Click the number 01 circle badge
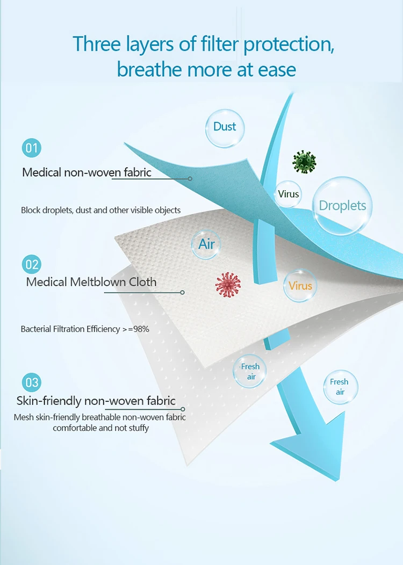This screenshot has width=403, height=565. [32, 148]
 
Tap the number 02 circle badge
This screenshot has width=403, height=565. [32, 264]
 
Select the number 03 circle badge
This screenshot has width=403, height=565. [32, 382]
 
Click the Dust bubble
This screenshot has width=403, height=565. [225, 127]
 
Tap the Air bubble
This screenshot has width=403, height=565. [206, 244]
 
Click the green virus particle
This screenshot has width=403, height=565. [304, 161]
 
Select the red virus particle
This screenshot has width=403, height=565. [228, 285]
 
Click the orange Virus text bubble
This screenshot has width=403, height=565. [300, 286]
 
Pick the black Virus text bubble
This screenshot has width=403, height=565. [289, 194]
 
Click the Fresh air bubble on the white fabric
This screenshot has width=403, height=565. [250, 372]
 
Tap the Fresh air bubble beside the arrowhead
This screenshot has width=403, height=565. [340, 387]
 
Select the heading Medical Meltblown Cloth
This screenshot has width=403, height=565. [91, 282]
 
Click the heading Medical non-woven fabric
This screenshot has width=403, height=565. [87, 172]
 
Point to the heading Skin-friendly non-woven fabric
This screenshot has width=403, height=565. [96, 401]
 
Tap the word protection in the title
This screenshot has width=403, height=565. [289, 44]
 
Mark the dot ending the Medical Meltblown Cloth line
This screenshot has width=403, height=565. [182, 292]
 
